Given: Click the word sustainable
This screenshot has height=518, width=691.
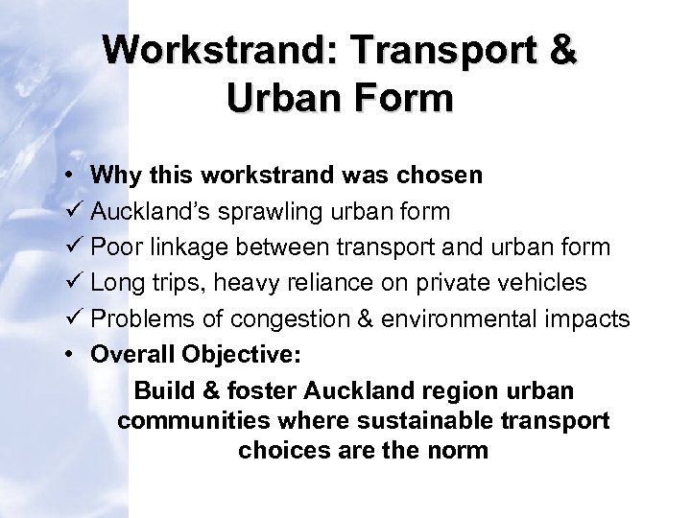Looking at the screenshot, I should point(402,420).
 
